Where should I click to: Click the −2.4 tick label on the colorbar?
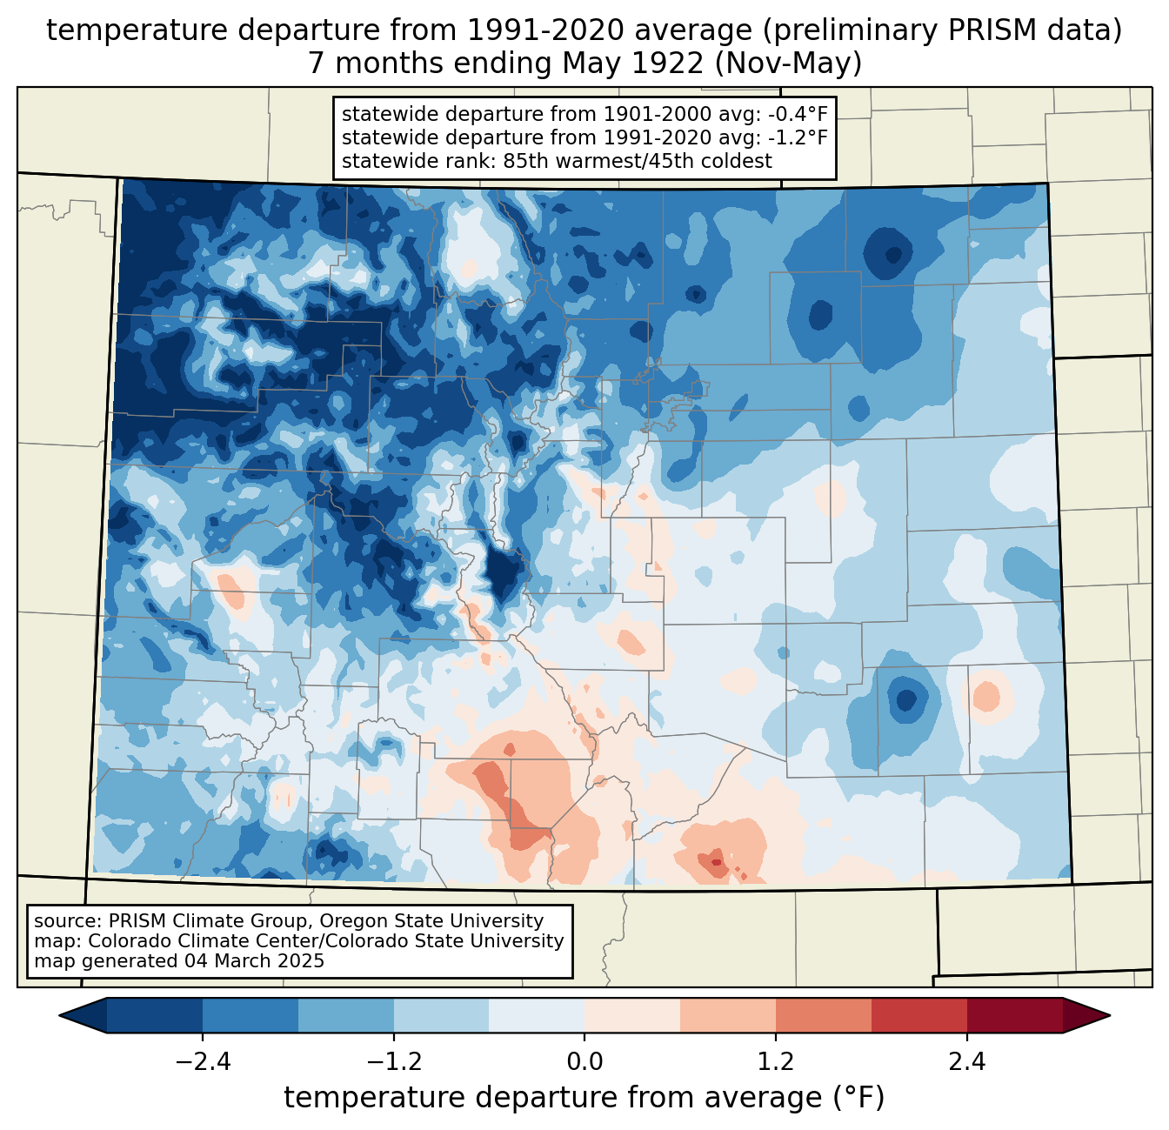(203, 1062)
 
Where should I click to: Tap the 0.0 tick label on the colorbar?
(584, 1062)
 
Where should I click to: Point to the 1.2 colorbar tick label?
(776, 1062)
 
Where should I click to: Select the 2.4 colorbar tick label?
(966, 1062)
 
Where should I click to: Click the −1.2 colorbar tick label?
(394, 1062)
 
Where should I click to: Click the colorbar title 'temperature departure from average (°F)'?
(584, 1098)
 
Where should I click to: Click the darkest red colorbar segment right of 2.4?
(1014, 1015)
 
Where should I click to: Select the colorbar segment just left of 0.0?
(537, 1015)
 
